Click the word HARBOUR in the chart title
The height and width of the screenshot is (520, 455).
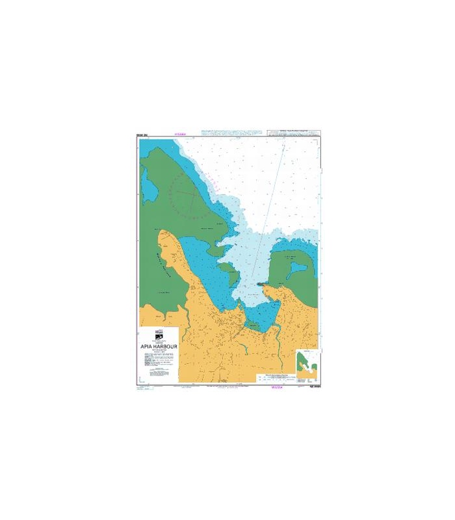click(x=164, y=346)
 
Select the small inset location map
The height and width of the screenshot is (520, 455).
click(x=305, y=364)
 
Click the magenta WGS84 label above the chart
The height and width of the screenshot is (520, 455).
click(x=181, y=135)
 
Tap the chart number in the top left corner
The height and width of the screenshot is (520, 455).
click(x=144, y=135)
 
